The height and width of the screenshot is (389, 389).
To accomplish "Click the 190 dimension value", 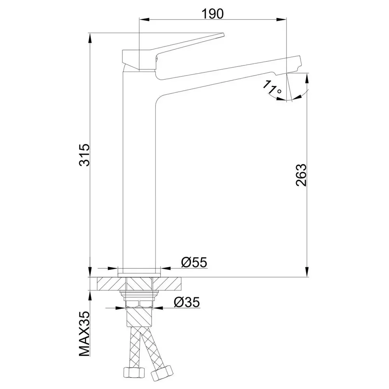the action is coord(212,14).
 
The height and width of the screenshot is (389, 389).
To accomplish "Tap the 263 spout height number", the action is coord(301,175).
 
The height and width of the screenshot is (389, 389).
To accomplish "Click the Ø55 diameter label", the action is coord(194,262).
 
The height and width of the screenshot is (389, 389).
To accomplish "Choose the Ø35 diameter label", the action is coord(187,302).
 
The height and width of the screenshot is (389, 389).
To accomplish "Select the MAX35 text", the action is coord(84,334).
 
